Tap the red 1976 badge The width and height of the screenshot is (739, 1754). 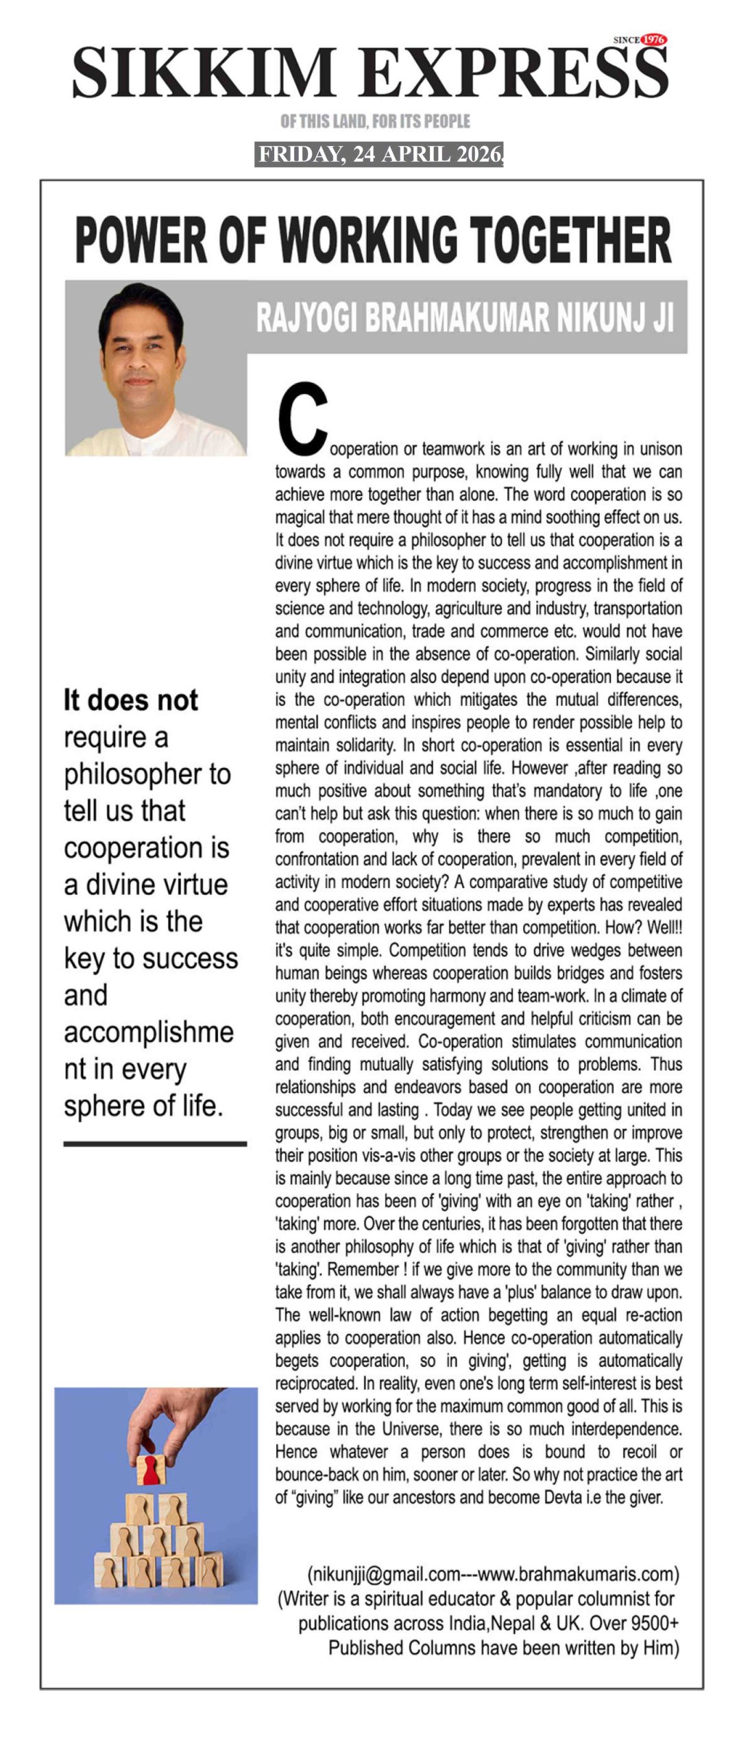pyautogui.click(x=653, y=40)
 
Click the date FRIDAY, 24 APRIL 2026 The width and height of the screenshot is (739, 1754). pyautogui.click(x=379, y=154)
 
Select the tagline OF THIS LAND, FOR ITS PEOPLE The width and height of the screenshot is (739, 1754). pyautogui.click(x=375, y=121)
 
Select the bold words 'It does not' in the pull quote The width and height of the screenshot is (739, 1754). pyautogui.click(x=131, y=700)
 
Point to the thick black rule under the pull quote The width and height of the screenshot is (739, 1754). pyautogui.click(x=155, y=1144)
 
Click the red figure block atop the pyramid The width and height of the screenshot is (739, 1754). pyautogui.click(x=150, y=1468)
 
